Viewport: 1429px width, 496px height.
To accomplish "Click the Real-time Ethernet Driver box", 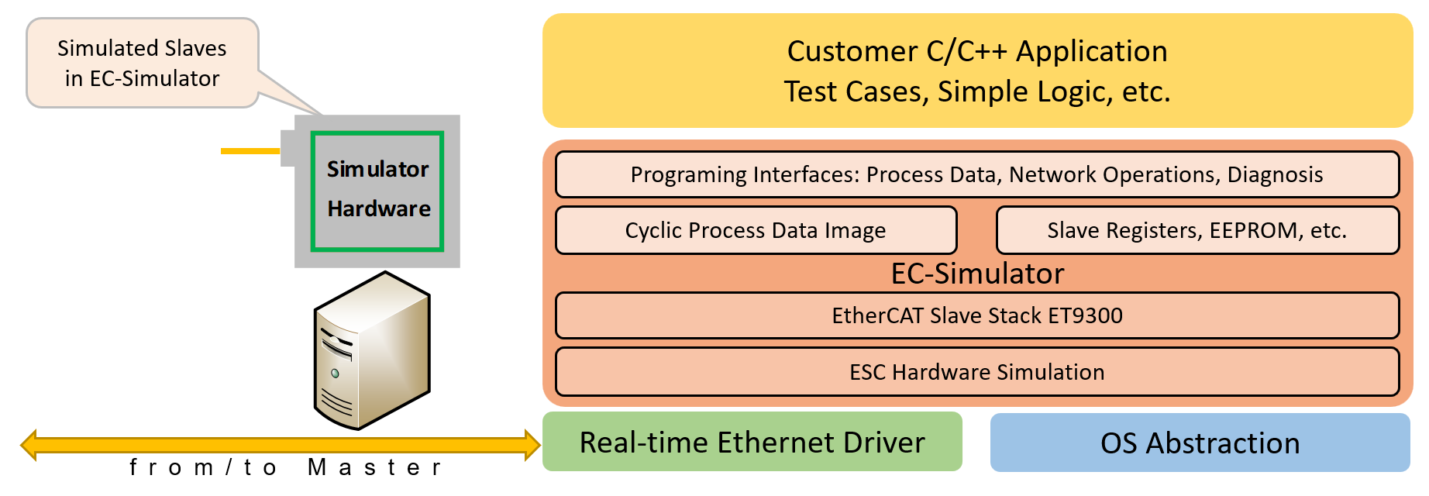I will click(x=752, y=442).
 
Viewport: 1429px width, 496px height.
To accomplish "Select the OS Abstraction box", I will click(x=1200, y=443).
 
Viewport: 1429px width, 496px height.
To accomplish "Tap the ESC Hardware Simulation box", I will click(x=976, y=372).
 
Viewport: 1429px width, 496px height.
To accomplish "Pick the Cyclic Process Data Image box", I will click(x=756, y=230).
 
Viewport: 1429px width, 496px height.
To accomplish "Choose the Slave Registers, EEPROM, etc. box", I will click(x=1197, y=230).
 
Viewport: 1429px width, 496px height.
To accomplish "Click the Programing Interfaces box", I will click(x=976, y=174).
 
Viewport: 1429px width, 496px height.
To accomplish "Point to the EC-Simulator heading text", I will click(x=977, y=274).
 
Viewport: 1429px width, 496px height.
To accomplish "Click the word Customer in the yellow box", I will click(x=852, y=51).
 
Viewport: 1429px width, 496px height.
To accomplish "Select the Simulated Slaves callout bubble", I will click(x=142, y=63).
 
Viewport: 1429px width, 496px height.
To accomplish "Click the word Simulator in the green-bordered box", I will click(x=377, y=169).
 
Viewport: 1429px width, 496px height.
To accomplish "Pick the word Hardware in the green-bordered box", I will click(x=378, y=208).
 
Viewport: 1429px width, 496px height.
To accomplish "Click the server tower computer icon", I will click(x=371, y=351).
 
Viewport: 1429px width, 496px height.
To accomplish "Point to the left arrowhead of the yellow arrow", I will click(x=29, y=445).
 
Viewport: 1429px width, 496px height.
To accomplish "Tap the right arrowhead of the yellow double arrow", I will click(x=532, y=445).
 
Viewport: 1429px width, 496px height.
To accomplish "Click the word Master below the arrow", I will click(x=374, y=467).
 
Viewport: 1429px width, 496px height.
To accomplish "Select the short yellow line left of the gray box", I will click(x=250, y=150).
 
